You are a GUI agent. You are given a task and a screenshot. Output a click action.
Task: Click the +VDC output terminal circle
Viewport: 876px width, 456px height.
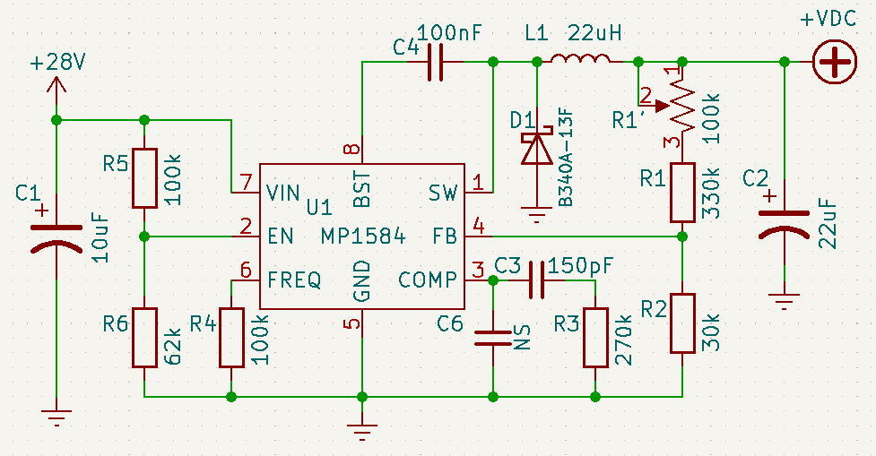coord(835,62)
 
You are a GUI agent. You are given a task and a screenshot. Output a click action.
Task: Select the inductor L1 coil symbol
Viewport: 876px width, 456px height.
coord(580,58)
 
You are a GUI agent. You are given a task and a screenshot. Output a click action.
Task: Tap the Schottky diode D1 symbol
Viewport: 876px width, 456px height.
coord(537,148)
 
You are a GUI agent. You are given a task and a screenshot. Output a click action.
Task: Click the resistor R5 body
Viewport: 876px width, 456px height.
coord(144,178)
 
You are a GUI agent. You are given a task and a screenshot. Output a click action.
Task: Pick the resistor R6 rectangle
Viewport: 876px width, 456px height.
coord(144,337)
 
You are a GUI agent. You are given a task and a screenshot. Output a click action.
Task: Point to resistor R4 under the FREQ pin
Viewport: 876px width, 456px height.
coord(231,337)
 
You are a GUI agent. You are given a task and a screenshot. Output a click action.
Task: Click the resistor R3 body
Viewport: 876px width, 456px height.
coord(595,337)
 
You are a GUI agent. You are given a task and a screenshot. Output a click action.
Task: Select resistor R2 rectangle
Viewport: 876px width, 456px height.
coord(682,323)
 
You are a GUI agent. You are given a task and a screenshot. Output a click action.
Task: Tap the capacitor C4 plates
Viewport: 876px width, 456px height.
coord(435,62)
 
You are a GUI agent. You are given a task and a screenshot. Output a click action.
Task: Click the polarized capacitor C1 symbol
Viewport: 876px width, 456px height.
coord(56,237)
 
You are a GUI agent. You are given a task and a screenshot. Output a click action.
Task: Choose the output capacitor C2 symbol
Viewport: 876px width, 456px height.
coord(785,223)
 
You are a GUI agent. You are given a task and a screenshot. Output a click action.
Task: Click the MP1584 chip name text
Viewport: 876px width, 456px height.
coord(363,237)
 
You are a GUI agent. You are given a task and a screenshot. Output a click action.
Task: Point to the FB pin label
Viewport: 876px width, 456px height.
coord(445,237)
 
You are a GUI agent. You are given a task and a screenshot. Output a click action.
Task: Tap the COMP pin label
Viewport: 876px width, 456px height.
coord(428,280)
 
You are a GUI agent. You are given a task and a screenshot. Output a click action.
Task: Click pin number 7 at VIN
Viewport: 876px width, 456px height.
coord(246,182)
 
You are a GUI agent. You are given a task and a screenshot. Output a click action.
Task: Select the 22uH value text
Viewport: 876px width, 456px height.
coord(594,33)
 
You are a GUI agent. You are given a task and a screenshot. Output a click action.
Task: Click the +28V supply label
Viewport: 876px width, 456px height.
coord(57,63)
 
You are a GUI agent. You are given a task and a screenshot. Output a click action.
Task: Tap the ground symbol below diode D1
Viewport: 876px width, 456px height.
coord(537,214)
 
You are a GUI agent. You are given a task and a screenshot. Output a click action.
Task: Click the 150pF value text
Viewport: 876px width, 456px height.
coord(580,266)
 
